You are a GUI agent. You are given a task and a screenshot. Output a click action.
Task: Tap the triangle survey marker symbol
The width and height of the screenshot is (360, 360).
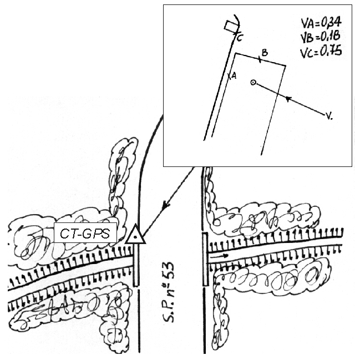[x=135, y=235]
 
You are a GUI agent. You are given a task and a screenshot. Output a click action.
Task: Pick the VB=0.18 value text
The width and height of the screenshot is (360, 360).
[x=320, y=37]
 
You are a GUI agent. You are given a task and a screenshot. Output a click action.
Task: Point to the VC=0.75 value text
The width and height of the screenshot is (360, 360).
[x=320, y=52]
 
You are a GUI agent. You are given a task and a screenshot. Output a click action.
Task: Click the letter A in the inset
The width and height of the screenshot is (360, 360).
[x=234, y=76]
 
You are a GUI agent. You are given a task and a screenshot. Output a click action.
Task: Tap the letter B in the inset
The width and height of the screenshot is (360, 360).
[x=265, y=53]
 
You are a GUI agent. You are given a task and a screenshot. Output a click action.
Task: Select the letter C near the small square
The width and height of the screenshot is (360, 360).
[x=239, y=38]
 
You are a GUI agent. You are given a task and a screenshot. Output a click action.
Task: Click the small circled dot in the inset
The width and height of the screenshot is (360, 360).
[x=253, y=83]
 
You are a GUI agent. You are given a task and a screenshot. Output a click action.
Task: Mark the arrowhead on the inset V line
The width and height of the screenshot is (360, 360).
[x=288, y=99]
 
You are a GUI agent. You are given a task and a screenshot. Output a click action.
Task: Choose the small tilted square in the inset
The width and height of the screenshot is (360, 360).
[x=230, y=27]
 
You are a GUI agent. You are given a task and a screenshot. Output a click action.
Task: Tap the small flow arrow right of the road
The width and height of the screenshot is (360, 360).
[x=219, y=256]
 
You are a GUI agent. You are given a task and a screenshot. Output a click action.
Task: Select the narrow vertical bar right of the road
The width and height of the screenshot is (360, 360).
[x=204, y=260]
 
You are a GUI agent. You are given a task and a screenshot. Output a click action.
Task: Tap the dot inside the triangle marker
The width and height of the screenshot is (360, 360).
[x=135, y=237]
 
